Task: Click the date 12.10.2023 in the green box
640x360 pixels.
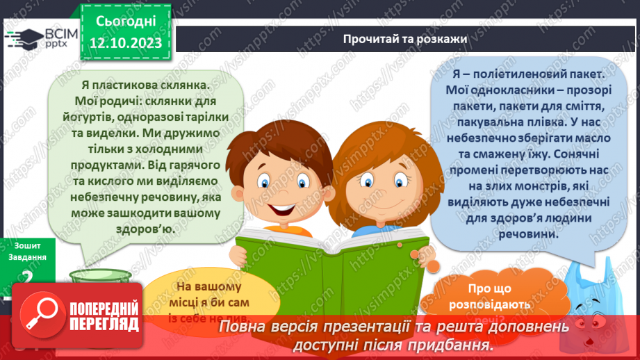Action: (125, 43)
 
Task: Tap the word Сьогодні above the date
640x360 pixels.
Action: (126, 20)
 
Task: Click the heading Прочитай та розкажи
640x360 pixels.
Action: (404, 38)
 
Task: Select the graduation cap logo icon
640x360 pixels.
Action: (24, 39)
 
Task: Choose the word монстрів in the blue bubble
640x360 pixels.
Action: (544, 186)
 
